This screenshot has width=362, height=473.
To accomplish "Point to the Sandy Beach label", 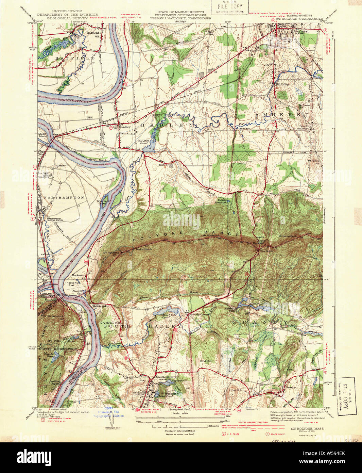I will pos(98,160).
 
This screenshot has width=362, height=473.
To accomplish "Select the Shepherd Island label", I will pos(103,202).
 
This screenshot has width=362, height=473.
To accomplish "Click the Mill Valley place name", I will pos(282,84).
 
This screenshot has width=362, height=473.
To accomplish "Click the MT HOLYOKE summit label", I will pos(111,253).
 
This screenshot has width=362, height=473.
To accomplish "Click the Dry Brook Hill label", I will pos(110,323).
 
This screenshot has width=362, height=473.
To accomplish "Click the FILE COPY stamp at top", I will pos(230,6).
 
